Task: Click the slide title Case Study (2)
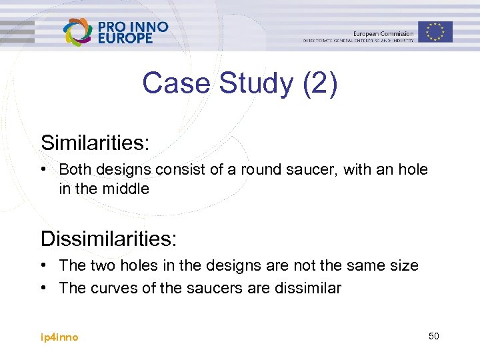click(x=239, y=84)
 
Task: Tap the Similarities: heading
click(x=95, y=142)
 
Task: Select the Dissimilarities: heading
click(x=108, y=238)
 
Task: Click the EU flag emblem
click(x=435, y=31)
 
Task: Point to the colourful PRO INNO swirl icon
click(x=77, y=31)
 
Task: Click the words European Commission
click(x=383, y=33)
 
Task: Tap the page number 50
click(x=433, y=336)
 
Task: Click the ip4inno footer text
click(x=59, y=337)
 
